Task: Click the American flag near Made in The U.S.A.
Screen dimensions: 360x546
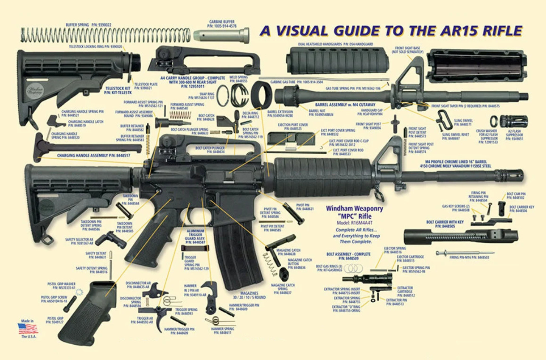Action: click(x=28, y=328)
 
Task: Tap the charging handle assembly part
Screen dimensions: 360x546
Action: click(x=85, y=147)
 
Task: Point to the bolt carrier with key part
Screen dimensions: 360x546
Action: click(x=460, y=236)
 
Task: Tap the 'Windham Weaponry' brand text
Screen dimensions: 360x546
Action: click(x=354, y=208)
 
